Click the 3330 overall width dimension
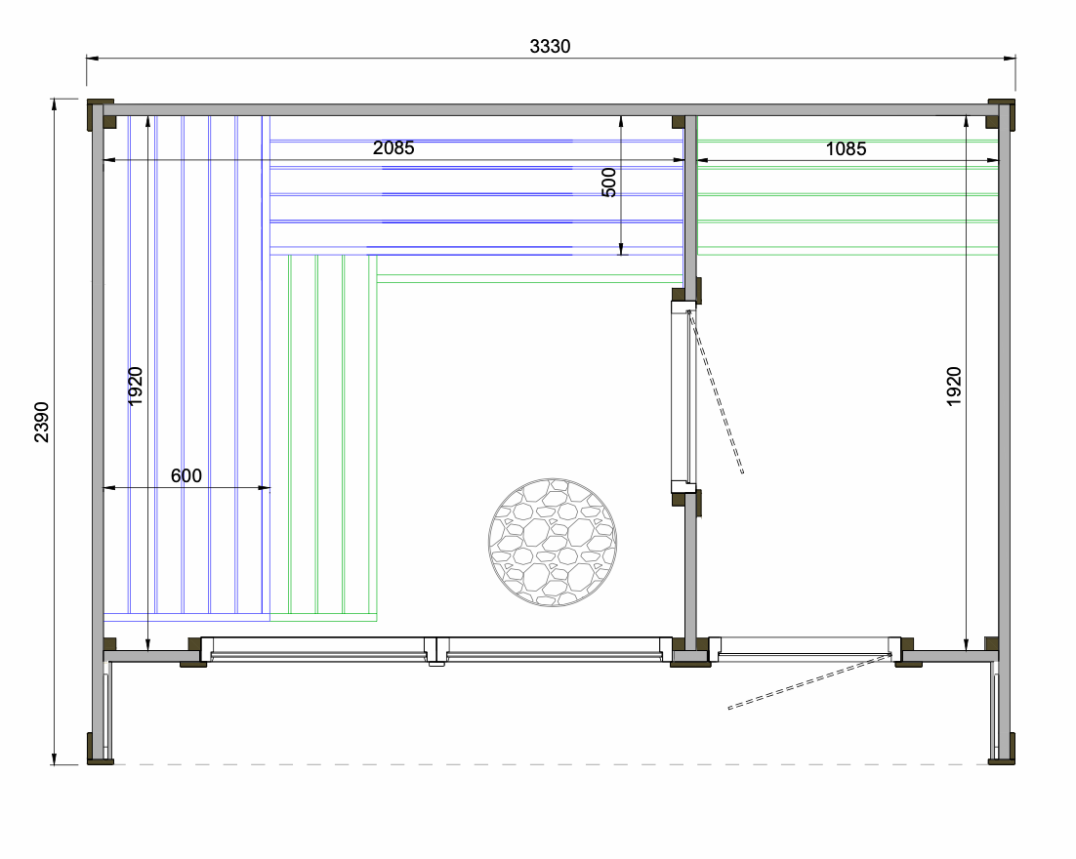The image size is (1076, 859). pos(550,46)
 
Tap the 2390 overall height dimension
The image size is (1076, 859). pos(41,422)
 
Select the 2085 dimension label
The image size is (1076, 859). pos(393,147)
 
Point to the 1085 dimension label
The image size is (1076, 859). pos(846,149)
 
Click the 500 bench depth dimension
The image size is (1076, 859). pos(608,183)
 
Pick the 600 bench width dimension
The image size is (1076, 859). pos(186,475)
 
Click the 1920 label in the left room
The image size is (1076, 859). pos(135,387)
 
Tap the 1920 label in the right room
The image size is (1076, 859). pos(954,387)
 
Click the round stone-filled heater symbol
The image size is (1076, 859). pos(553,542)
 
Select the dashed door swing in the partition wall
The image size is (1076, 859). pos(716,391)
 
